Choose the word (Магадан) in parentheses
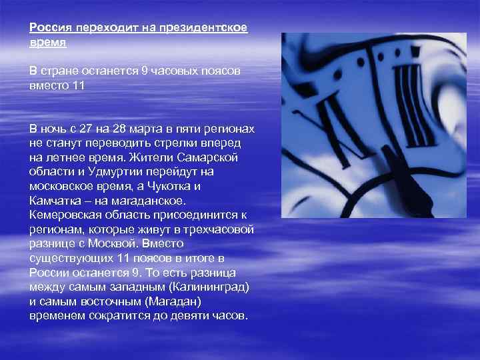163,301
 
